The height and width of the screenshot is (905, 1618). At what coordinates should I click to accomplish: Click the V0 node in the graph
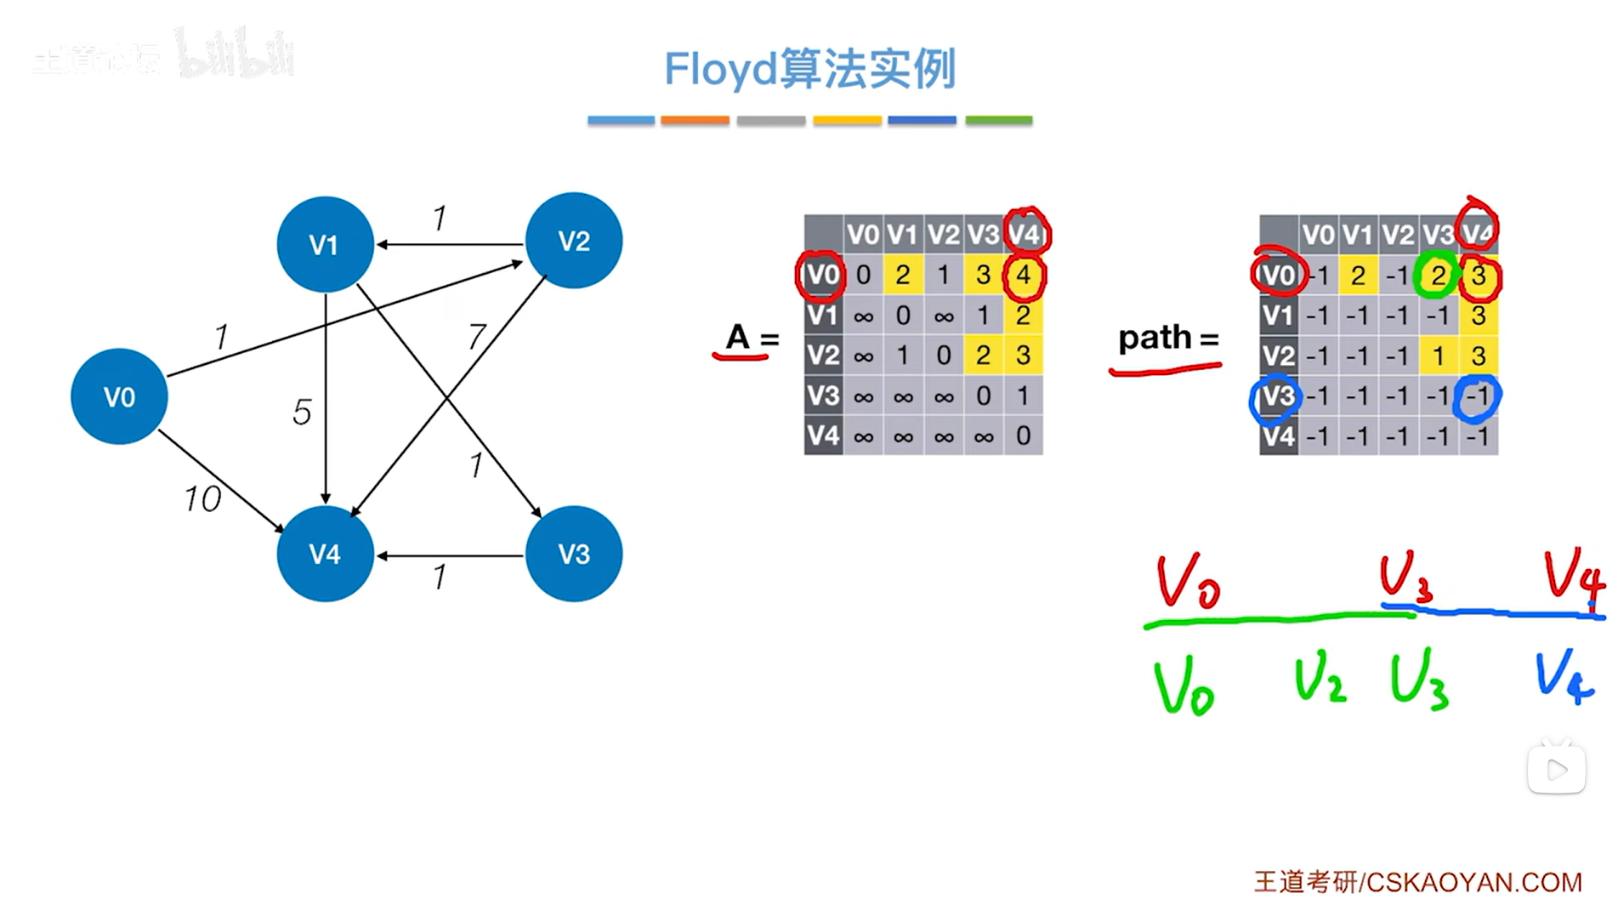[119, 396]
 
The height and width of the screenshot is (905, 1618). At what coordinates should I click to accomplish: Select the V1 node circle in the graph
[325, 245]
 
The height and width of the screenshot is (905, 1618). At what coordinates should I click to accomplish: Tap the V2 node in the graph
[574, 241]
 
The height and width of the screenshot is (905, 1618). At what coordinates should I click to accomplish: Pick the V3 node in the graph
[574, 554]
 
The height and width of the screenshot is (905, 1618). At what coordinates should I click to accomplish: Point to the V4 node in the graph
[325, 554]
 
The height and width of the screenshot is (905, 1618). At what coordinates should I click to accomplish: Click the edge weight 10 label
[202, 498]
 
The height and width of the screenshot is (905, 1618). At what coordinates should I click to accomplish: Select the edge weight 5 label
[302, 413]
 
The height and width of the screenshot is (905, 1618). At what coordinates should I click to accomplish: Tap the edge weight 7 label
[476, 338]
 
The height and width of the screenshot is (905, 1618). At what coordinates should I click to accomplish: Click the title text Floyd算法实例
[809, 69]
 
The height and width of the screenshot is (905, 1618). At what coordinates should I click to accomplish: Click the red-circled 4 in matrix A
[1024, 276]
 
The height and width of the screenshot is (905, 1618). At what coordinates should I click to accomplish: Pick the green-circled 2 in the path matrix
[1438, 276]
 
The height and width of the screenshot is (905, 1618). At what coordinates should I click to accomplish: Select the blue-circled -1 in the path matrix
[1478, 397]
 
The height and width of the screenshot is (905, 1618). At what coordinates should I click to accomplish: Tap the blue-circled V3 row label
[1276, 397]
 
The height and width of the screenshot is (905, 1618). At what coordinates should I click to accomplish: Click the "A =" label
[750, 339]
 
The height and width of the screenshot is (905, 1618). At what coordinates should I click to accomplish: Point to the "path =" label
[1168, 339]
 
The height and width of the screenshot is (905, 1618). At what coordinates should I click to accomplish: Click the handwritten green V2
[1320, 680]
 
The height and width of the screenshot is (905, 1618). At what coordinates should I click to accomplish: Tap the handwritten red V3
[1405, 576]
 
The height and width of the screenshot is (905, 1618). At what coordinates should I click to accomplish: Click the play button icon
[1557, 770]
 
